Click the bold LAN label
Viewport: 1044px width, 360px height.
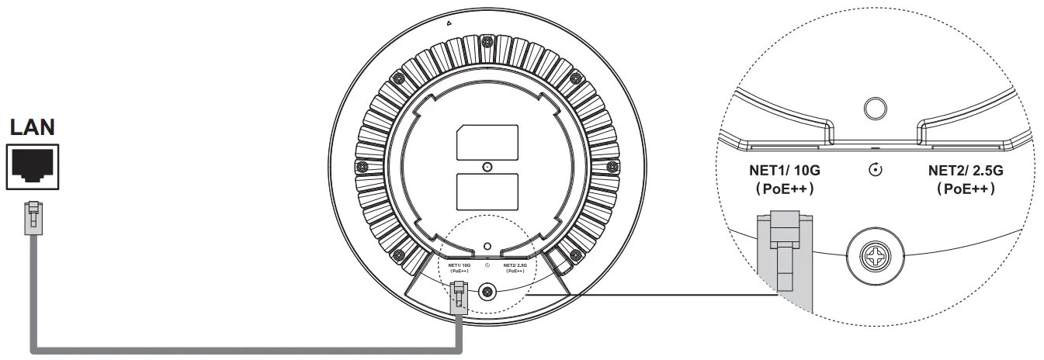pos(32,127)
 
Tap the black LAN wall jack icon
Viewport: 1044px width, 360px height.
pos(32,167)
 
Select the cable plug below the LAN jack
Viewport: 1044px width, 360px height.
pos(33,218)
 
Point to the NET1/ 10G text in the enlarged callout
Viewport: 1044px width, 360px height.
pos(785,171)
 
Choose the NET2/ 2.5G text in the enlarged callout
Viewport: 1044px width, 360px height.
pos(966,171)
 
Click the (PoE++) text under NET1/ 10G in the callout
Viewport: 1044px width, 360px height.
pos(785,189)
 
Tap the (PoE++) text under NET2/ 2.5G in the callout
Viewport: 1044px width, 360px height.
pos(966,189)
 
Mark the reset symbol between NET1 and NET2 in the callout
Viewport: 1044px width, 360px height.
pos(876,170)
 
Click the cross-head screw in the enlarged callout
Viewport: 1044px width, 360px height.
pos(876,256)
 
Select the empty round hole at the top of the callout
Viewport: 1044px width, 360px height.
pos(875,109)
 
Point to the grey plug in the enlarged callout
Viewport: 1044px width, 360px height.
pos(784,261)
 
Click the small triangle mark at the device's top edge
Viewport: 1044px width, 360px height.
pos(449,22)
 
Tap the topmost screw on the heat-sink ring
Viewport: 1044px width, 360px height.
pos(487,42)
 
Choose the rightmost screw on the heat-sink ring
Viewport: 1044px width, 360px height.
pos(612,166)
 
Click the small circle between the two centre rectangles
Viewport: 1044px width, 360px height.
pos(487,167)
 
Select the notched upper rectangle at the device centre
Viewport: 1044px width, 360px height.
pos(487,143)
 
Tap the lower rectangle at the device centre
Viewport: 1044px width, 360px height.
pos(487,192)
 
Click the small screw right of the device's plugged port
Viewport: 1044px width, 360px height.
pos(487,292)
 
